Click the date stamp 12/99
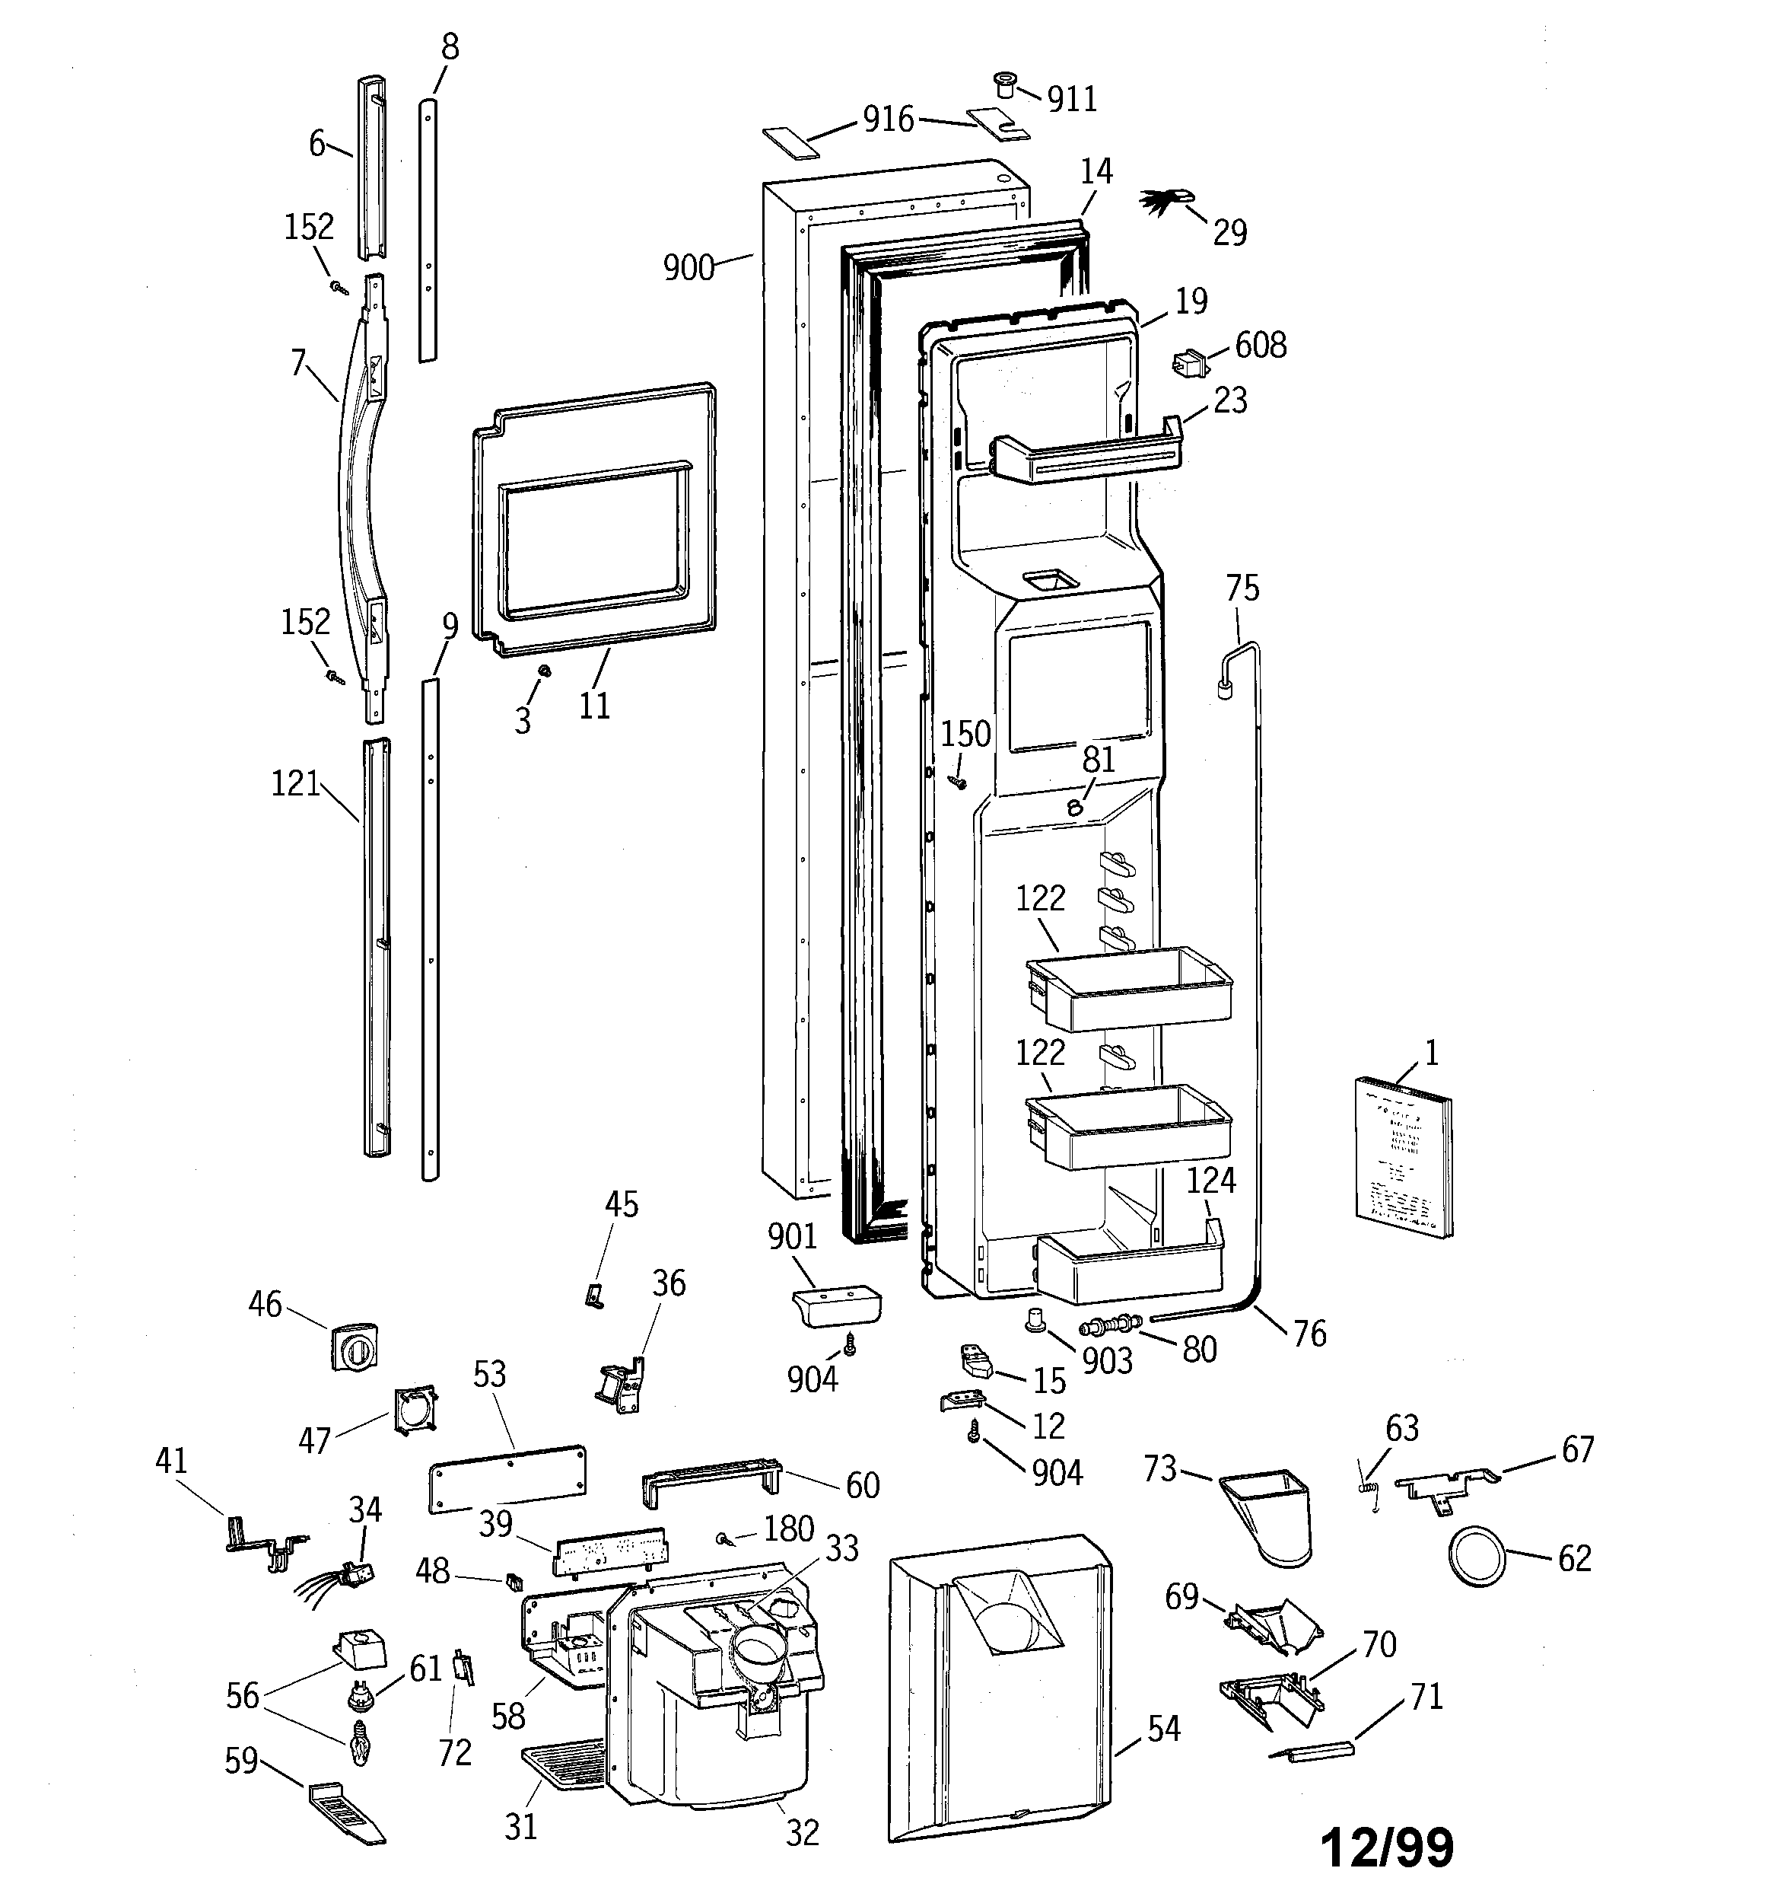1386,1845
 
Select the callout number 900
688,268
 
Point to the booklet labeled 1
1404,1157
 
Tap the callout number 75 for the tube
1242,589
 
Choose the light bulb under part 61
357,1742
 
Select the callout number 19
1191,301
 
